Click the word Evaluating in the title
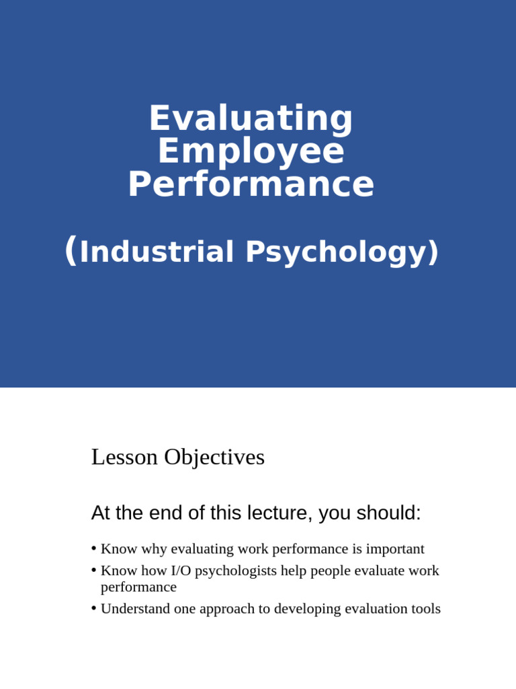pos(251,119)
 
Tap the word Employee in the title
pos(251,151)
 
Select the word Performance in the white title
pos(251,184)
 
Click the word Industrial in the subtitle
pos(157,252)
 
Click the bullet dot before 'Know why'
pos(94,548)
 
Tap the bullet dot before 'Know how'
pos(94,570)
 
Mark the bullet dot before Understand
pos(94,608)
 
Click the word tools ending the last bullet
pos(425,609)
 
